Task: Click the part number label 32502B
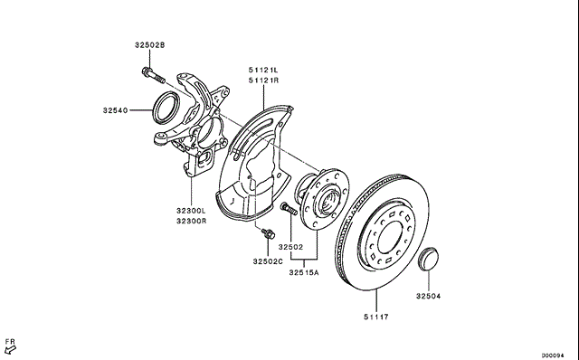149,45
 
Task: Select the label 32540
115,110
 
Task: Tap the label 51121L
263,70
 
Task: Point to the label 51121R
263,81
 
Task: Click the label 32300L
191,211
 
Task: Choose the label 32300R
191,222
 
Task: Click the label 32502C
268,261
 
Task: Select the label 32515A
304,272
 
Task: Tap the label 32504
428,296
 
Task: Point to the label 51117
376,317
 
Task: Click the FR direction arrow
10,349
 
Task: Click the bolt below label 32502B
153,75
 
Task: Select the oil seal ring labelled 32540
166,108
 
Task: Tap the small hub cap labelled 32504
428,260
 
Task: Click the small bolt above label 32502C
268,233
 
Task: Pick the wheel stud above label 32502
289,209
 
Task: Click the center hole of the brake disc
389,237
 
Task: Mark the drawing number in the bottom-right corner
553,355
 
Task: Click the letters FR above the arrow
10,342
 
